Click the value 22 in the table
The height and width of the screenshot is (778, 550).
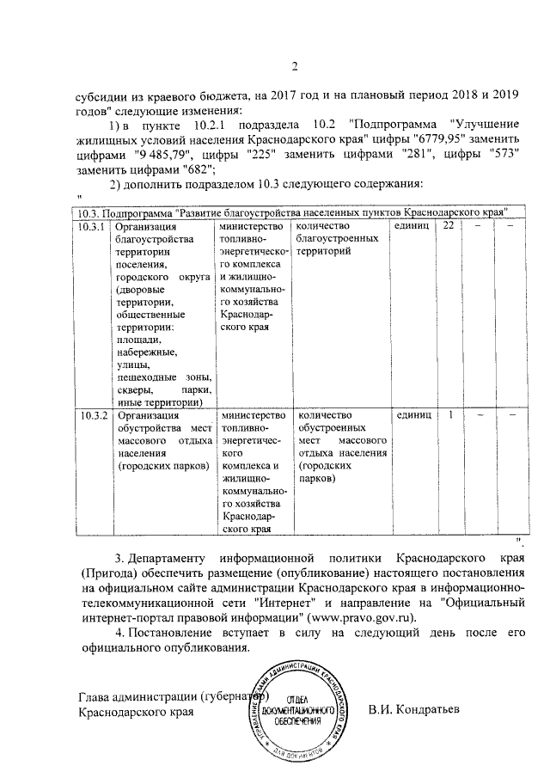coord(448,226)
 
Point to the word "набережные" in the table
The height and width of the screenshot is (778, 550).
coord(147,352)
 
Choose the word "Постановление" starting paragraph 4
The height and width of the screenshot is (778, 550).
coord(174,634)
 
